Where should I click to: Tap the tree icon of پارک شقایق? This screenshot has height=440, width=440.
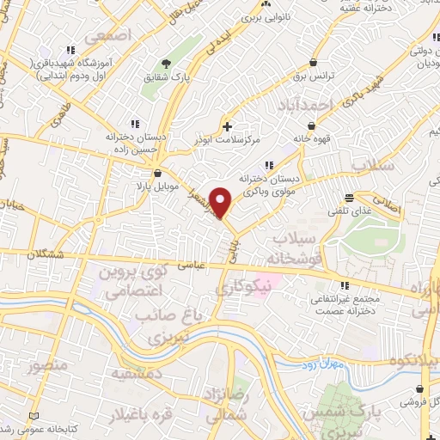tap(166, 64)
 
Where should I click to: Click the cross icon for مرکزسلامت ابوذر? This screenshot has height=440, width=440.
tap(226, 125)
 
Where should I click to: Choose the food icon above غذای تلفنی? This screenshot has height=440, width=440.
tap(349, 197)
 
